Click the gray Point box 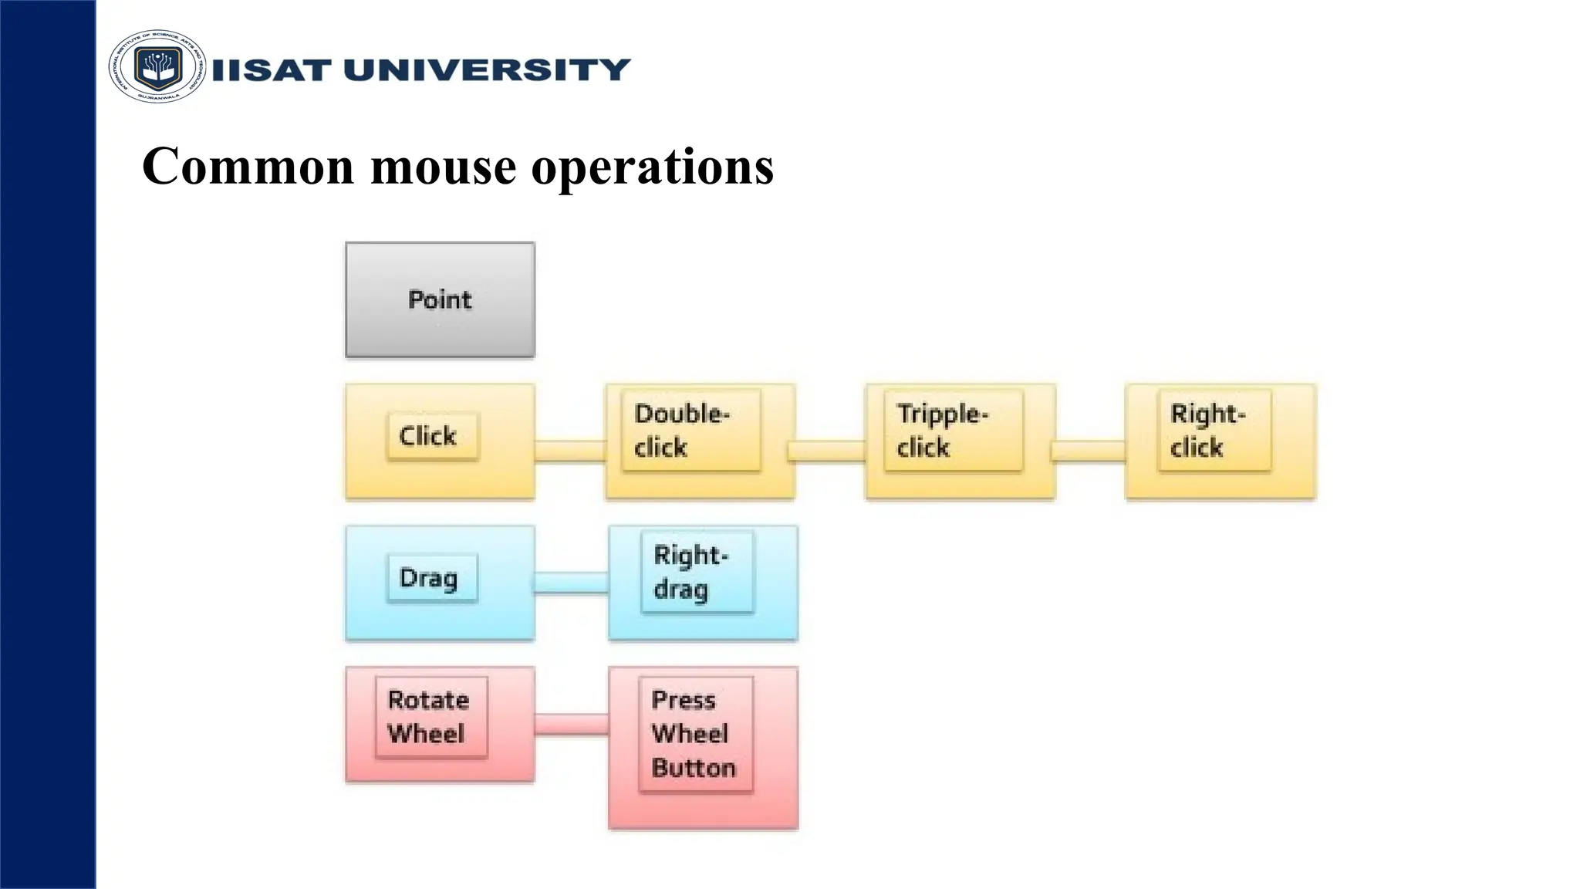tap(440, 299)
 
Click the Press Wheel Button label tap(695, 734)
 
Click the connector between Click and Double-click tap(570, 451)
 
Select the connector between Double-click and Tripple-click tap(829, 451)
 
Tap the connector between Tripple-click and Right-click tap(1089, 451)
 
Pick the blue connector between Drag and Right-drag tap(571, 583)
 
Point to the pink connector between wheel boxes tap(571, 725)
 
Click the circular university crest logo tap(157, 67)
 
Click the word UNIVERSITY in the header tap(487, 70)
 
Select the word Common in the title tap(248, 167)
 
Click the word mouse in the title tap(444, 167)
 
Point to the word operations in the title tap(653, 167)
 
